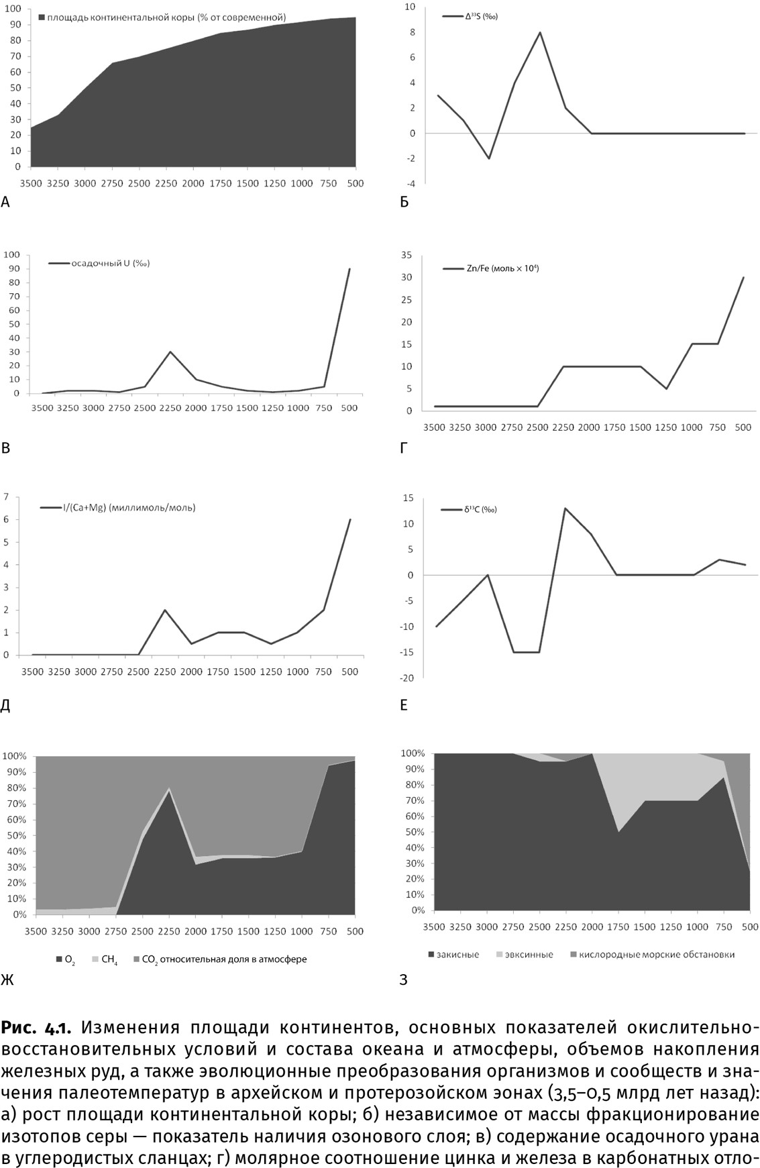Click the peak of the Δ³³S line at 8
pos(540,32)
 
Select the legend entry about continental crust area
pos(162,17)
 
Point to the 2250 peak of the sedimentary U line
pos(170,352)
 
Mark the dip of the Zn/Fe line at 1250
pos(666,388)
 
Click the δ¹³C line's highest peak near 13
pos(565,508)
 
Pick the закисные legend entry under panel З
pos(457,954)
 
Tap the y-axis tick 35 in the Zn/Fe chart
pos(406,255)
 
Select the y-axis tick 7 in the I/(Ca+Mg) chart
pos(7,497)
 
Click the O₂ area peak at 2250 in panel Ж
pos(169,792)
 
